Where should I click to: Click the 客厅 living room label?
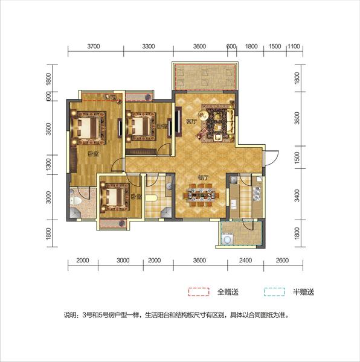tap(191, 121)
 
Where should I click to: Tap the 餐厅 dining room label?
tap(203, 178)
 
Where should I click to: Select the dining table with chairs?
tap(202, 195)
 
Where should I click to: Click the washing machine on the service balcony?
tap(228, 239)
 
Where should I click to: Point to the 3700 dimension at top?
tap(94, 46)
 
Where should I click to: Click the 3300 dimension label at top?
tap(149, 46)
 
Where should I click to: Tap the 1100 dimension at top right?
tap(294, 46)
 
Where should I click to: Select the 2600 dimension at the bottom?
tap(282, 261)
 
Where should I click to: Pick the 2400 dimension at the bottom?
tap(245, 261)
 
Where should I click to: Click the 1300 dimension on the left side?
tap(48, 164)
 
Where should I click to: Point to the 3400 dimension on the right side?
tap(297, 195)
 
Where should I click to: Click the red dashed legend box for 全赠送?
tap(199, 292)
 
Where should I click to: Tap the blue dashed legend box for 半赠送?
tap(274, 292)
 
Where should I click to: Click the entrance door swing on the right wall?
tap(272, 158)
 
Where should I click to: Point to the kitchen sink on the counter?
tap(257, 193)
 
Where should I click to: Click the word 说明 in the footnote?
tap(69, 315)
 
